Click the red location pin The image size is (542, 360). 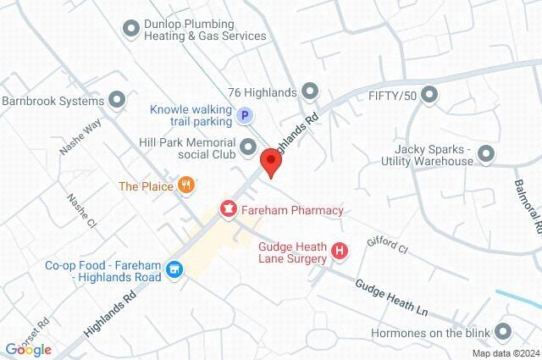(x=271, y=162)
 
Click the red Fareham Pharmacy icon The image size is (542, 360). (x=228, y=209)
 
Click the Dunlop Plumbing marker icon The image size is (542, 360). (x=130, y=30)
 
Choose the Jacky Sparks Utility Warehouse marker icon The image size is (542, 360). (x=486, y=153)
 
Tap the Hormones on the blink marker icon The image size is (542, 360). (x=504, y=332)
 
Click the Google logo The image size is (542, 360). (x=28, y=349)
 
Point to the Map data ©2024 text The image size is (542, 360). (x=505, y=353)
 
